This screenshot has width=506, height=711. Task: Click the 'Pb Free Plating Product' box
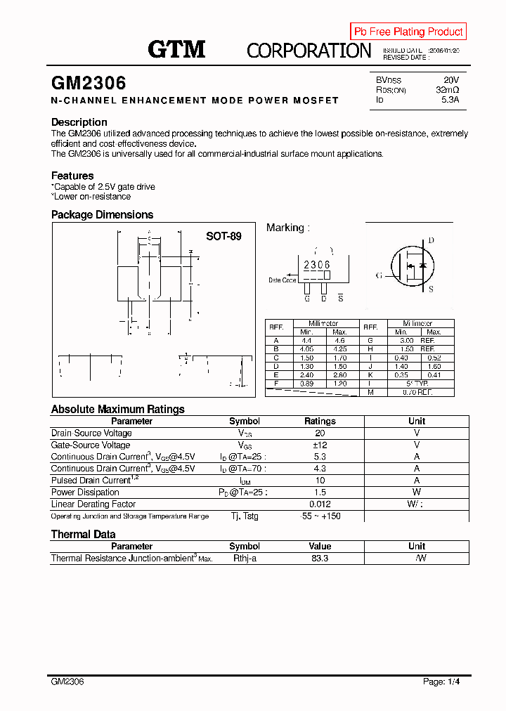408,32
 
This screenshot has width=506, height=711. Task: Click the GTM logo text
176,49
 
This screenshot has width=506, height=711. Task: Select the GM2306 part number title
89,83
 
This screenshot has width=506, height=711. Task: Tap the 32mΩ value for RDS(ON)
447,90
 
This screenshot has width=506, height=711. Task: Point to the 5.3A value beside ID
450,100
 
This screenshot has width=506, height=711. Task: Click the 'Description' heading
79,122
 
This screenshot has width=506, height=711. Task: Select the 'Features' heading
72,176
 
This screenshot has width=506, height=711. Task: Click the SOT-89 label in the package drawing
223,236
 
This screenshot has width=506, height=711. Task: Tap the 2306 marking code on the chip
316,264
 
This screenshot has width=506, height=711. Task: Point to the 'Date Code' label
283,280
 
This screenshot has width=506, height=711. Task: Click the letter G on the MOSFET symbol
379,275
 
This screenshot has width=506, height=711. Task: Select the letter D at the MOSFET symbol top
431,240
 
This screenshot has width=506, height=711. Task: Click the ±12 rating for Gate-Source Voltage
320,445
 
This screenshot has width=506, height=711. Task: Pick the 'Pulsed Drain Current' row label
91,480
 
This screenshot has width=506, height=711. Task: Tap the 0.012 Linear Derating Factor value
320,504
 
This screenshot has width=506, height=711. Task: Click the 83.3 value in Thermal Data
320,558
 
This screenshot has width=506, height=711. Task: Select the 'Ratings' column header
320,421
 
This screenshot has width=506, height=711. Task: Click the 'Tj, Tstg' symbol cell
245,516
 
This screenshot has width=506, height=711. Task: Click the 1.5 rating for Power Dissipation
320,492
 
